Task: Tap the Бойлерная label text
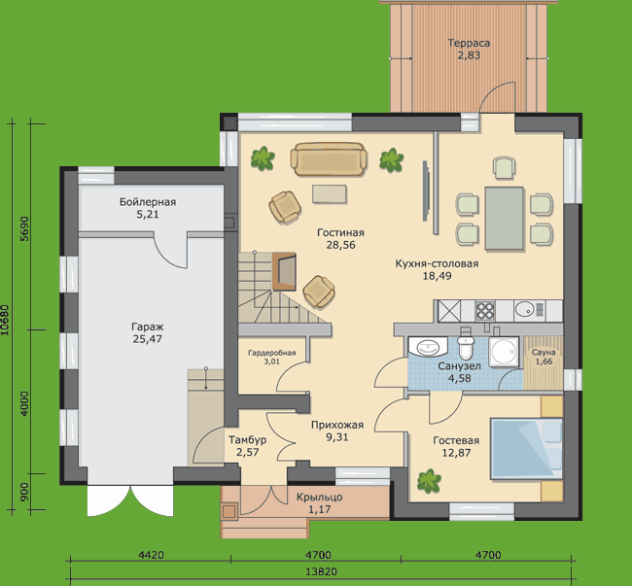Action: (x=148, y=202)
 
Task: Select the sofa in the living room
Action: (x=329, y=159)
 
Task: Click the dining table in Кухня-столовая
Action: (x=505, y=219)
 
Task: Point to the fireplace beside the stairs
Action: (x=284, y=271)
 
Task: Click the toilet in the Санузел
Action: (x=466, y=344)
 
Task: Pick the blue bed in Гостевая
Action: (x=526, y=449)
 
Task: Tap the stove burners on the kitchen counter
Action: (x=485, y=311)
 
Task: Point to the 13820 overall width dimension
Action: (x=321, y=571)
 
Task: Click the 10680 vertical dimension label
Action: (x=5, y=320)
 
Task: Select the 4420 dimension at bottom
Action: (x=151, y=555)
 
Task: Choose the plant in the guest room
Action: (x=429, y=481)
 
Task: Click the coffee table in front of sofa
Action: (x=330, y=193)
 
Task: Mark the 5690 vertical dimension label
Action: (x=24, y=228)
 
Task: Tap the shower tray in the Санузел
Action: (x=504, y=352)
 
